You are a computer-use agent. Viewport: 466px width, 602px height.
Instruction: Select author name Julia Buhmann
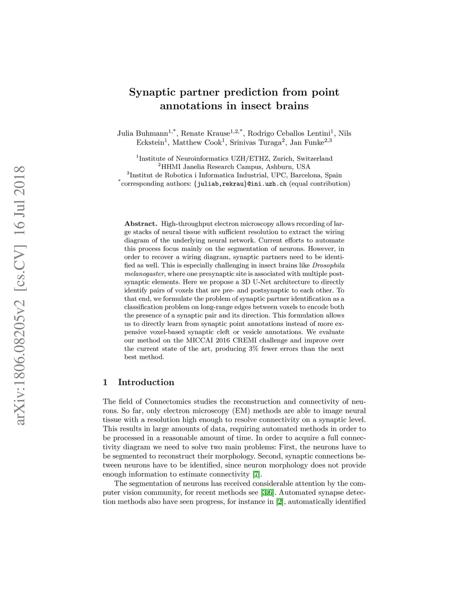pyautogui.click(x=142, y=133)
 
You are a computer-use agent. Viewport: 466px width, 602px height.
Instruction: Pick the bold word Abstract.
pyautogui.click(x=141, y=224)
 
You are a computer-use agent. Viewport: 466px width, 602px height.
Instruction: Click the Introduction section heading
pyautogui.click(x=146, y=382)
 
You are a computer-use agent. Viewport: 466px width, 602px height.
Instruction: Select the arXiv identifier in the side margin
pyautogui.click(x=20, y=295)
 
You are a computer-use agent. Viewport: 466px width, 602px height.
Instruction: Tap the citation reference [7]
pyautogui.click(x=257, y=474)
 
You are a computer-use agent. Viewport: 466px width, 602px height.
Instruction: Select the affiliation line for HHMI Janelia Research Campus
pyautogui.click(x=234, y=167)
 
